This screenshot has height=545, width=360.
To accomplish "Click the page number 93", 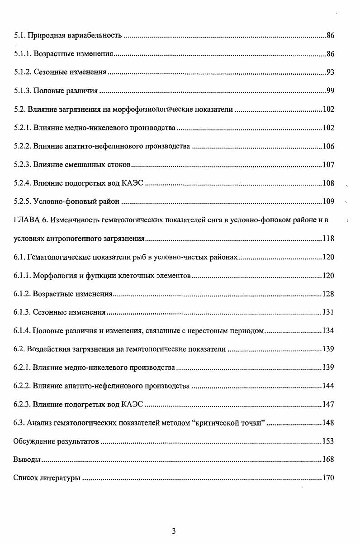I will (330, 72).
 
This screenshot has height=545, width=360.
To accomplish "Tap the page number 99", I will (330, 91).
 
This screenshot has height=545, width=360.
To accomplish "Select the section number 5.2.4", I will (21, 183).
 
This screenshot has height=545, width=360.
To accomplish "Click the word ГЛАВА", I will (26, 220).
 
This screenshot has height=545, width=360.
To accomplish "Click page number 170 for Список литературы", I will (328, 478).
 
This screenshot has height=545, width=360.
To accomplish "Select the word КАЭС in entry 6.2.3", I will (133, 404).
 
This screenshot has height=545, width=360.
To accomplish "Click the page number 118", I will (328, 239).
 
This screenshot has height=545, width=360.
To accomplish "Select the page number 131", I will (328, 312).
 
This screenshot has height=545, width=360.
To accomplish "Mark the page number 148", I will (328, 423).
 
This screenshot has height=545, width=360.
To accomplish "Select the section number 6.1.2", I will (21, 294).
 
